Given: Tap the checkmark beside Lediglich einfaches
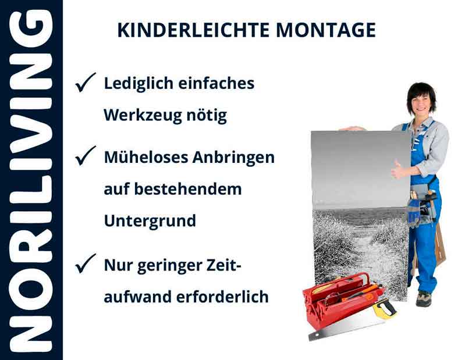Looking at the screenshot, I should click(x=86, y=84).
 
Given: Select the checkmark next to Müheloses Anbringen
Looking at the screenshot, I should click(x=86, y=157).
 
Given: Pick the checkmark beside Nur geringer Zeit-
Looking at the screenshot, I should click(x=86, y=265).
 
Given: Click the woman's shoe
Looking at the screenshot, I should click(x=423, y=299).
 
